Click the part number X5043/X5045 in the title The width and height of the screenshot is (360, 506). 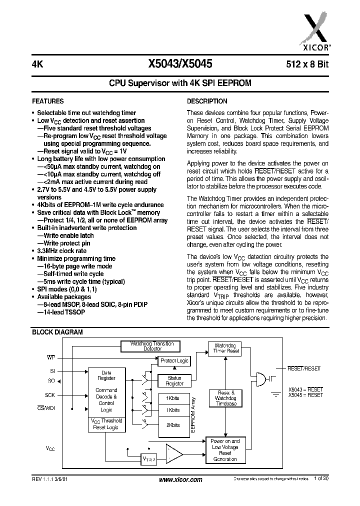tap(180, 63)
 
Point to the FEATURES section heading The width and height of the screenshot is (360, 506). tap(48, 101)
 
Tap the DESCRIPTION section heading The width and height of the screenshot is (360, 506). tap(207, 101)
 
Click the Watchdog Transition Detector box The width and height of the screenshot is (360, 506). tap(152, 346)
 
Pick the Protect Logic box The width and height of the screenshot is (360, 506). tap(174, 360)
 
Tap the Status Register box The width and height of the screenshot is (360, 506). tap(174, 381)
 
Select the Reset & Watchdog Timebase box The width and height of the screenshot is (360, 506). tap(226, 397)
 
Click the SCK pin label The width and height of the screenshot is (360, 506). tap(49, 395)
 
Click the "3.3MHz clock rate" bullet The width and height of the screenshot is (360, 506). tap(61, 251)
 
